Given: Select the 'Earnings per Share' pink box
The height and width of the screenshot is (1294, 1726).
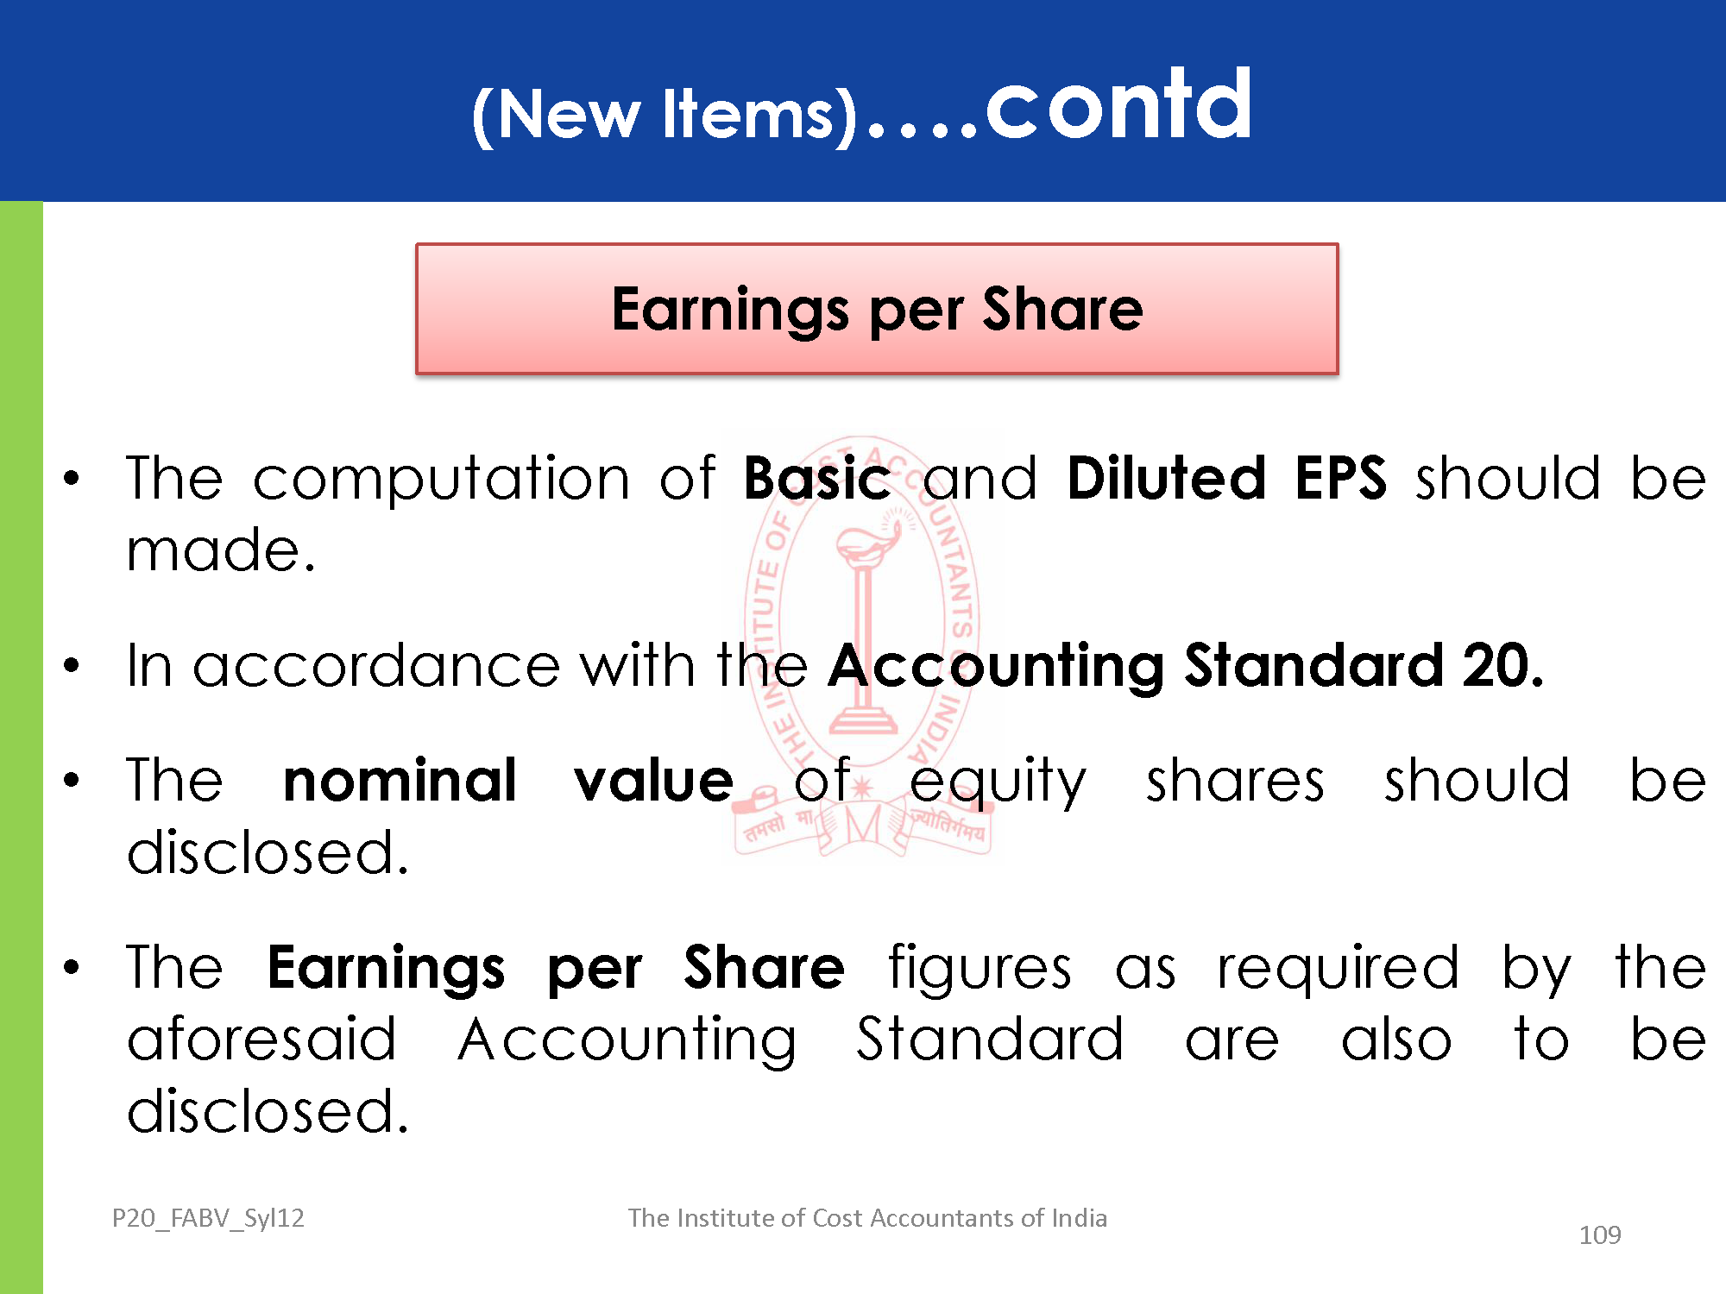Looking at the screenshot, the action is [877, 309].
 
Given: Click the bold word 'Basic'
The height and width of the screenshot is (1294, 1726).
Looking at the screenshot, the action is [816, 478].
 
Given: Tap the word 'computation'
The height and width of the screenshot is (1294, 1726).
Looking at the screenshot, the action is [441, 480].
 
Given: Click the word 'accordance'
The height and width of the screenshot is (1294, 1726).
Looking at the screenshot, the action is [376, 667].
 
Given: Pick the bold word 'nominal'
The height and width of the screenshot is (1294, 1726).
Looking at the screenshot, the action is [400, 780].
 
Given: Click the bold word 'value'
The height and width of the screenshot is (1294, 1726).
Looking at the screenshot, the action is [654, 781].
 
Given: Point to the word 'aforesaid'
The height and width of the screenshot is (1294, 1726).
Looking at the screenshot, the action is [261, 1039].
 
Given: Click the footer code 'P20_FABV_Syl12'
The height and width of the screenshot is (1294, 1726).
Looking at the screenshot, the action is [208, 1218].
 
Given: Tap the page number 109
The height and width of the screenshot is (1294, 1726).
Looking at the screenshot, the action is [1600, 1235].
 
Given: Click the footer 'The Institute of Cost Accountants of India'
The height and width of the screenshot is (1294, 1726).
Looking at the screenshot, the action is [867, 1217].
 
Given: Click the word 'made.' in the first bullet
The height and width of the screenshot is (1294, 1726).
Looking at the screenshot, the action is [221, 551].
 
